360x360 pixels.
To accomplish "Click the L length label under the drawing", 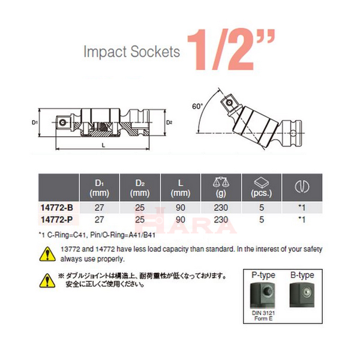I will (103, 146).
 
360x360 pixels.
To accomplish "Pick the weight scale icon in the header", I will (221, 182).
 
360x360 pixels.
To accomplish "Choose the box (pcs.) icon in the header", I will (262, 182).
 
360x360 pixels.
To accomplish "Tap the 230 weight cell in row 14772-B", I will (221, 208).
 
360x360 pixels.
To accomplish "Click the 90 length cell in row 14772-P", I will (180, 220).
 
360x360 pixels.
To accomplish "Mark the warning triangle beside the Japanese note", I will (45, 280).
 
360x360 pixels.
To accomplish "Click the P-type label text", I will (263, 275).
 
